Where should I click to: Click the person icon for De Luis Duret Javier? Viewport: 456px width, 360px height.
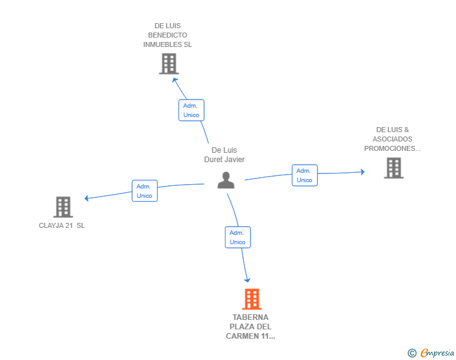click(225, 180)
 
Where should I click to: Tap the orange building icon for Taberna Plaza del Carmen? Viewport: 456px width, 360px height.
click(251, 299)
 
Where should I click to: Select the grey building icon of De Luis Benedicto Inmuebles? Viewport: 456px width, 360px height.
click(168, 64)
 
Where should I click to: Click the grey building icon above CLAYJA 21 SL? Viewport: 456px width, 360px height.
click(63, 207)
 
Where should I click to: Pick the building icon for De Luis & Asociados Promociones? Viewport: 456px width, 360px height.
click(393, 168)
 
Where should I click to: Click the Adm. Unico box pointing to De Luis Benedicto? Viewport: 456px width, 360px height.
click(191, 110)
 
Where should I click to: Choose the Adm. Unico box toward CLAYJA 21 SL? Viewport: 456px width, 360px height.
click(144, 190)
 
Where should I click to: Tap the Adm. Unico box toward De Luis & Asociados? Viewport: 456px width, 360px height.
click(304, 175)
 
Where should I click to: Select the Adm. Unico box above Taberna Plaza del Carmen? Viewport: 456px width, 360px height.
click(237, 237)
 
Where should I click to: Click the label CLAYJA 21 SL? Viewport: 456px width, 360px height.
click(62, 225)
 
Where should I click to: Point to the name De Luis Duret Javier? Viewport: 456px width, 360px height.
click(224, 155)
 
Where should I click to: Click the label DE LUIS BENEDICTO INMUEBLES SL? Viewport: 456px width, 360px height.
click(167, 35)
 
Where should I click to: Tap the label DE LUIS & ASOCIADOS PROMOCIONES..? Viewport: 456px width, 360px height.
click(393, 139)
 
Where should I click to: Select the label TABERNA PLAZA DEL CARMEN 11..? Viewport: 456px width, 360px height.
click(251, 327)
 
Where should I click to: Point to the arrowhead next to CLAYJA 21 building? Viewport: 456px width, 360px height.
click(88, 198)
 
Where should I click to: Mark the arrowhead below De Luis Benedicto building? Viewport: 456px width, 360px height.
click(175, 79)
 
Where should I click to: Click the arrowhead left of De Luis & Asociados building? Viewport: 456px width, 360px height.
click(361, 172)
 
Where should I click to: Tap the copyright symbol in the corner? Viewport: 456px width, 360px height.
click(412, 353)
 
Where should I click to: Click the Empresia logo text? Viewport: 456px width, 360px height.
click(437, 353)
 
